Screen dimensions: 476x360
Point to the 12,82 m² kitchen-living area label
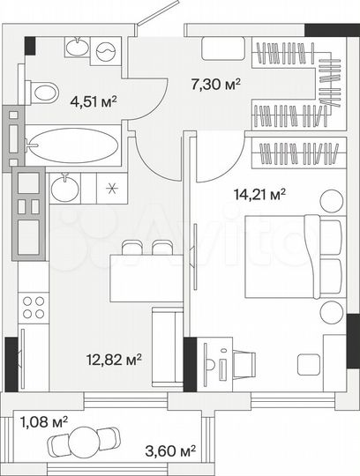point(114,359)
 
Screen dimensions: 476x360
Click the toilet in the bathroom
point(41,90)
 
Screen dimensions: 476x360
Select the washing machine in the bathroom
point(106,51)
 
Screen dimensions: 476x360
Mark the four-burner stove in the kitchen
point(34,307)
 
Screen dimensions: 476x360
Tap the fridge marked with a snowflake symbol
point(110,187)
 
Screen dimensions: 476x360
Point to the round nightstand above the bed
point(331,201)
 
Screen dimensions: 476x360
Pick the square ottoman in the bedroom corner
point(309,363)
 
